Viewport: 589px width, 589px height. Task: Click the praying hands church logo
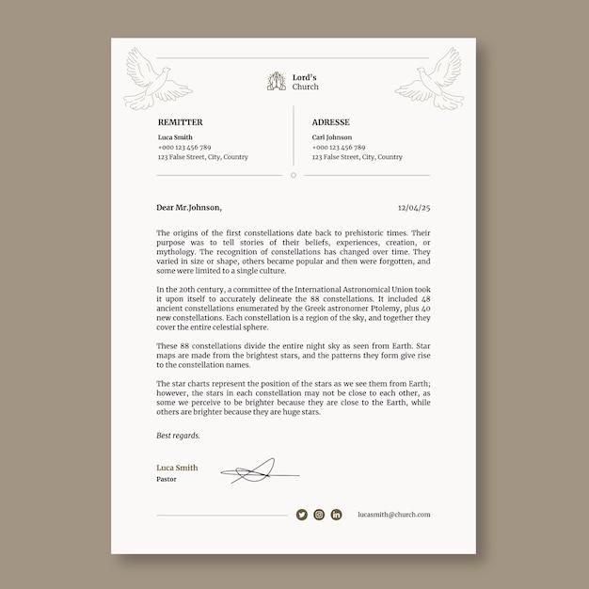coord(275,82)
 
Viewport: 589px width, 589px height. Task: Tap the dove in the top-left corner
coord(157,78)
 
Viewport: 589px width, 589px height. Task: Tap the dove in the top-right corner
coord(430,78)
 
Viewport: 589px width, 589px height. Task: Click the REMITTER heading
coord(180,122)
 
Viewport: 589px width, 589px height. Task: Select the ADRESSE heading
coord(330,122)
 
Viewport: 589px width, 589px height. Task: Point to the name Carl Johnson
coord(332,137)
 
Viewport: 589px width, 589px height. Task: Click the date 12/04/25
coord(414,207)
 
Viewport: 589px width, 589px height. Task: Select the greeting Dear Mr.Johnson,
coord(189,207)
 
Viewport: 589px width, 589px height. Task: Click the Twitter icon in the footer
coord(302,515)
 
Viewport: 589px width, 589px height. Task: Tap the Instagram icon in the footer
coord(319,515)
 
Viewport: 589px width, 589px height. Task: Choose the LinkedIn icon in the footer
coord(336,515)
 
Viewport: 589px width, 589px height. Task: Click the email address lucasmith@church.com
coord(394,515)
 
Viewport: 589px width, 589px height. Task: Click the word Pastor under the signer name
coord(166,479)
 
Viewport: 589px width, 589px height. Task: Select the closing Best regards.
coord(178,436)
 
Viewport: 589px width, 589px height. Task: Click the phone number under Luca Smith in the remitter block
coord(184,148)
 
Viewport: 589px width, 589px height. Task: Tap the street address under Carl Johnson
coord(358,157)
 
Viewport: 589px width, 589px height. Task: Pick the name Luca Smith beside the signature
coord(177,468)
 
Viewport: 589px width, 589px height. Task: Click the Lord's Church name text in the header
coord(306,82)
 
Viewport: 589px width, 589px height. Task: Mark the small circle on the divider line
coord(294,175)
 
